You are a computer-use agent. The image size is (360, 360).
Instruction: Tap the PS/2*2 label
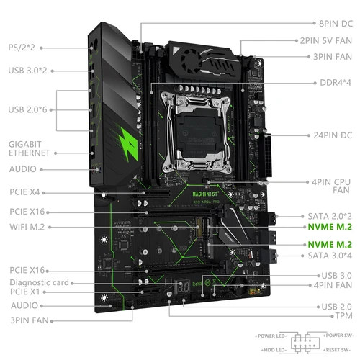pos(22,47)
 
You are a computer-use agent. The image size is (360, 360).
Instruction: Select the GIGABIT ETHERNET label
pos(30,148)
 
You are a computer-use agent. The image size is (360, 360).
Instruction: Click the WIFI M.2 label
pos(30,228)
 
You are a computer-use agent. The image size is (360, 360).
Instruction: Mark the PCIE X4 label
pos(26,192)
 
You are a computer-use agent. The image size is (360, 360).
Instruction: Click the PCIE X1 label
pos(26,293)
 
